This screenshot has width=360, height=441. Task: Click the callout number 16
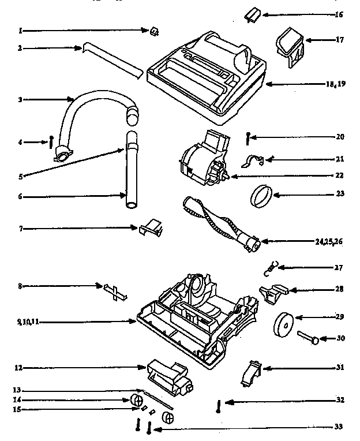[339, 14]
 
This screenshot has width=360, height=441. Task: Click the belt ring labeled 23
[260, 195]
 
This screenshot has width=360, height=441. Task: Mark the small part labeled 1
[155, 32]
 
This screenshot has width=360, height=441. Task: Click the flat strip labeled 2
[112, 59]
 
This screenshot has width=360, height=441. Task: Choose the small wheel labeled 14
[137, 400]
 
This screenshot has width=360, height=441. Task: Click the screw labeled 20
[248, 139]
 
